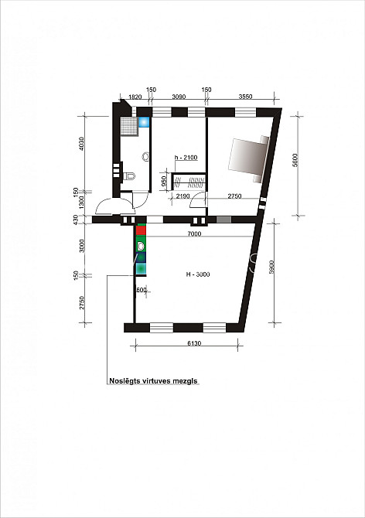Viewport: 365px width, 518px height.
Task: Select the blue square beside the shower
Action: [x=144, y=122]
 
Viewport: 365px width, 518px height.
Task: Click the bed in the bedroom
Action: [x=249, y=158]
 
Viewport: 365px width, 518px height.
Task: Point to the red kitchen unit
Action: [x=141, y=230]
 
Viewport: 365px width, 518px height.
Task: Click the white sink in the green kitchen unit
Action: [x=141, y=246]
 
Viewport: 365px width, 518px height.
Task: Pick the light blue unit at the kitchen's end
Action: [x=141, y=268]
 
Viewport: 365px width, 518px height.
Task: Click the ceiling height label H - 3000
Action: [x=197, y=274]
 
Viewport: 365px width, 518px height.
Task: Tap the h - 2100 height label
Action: [x=186, y=158]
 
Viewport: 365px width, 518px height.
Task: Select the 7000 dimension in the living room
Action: [x=194, y=234]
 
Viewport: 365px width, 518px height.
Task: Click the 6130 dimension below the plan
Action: [x=194, y=343]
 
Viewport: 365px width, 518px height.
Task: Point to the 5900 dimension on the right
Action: [x=271, y=267]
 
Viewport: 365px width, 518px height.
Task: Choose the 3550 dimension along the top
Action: [x=245, y=97]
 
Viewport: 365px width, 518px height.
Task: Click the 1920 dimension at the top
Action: [x=135, y=97]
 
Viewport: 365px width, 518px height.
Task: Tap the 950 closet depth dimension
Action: [x=163, y=182]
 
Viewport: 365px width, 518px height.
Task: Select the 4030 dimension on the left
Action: [x=82, y=143]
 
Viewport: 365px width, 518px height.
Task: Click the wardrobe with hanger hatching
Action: [x=189, y=182]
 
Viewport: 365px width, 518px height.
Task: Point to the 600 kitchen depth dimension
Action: [x=141, y=290]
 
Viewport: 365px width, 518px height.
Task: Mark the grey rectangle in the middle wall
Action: [x=223, y=220]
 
